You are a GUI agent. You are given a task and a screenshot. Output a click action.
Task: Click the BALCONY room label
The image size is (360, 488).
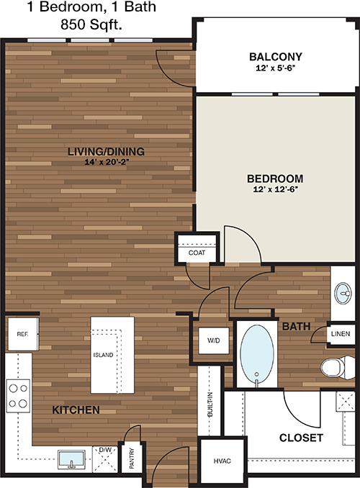point(276,57)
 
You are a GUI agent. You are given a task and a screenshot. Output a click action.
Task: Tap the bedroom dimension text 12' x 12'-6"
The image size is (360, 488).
point(276,189)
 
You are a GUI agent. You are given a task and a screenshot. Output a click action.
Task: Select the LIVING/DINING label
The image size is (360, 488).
point(106,152)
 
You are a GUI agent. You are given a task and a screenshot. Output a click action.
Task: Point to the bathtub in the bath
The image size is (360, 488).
point(257,355)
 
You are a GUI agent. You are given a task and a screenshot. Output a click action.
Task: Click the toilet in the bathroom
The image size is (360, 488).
point(337,368)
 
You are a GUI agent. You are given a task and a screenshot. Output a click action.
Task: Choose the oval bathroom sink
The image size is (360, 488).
point(343,293)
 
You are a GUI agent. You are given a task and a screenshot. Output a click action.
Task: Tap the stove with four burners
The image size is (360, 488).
point(18,396)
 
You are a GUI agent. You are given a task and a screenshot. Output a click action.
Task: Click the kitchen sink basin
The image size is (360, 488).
point(71,459)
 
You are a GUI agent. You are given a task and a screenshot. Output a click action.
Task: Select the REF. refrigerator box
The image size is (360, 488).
point(23,334)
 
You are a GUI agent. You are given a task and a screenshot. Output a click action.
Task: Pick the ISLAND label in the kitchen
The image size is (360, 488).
point(103,355)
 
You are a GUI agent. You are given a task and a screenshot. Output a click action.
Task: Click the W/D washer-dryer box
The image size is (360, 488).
point(214,340)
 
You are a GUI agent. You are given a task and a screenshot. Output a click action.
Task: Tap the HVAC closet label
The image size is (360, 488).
point(222,461)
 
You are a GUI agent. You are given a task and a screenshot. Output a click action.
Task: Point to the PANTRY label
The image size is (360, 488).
point(132,458)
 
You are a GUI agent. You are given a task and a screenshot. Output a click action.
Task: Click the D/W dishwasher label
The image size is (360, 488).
point(105,450)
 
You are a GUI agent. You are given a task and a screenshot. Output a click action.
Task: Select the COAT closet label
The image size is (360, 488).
point(197,253)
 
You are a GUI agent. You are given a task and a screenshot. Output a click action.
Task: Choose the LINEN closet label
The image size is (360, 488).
point(341,334)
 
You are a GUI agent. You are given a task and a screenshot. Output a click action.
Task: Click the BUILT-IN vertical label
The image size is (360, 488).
point(210,405)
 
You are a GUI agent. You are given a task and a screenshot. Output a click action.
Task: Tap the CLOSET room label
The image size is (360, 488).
point(301,438)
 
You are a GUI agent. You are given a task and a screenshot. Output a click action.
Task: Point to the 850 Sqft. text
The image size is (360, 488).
point(91,24)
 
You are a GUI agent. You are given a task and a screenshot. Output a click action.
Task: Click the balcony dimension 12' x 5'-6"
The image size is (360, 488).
point(276,68)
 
